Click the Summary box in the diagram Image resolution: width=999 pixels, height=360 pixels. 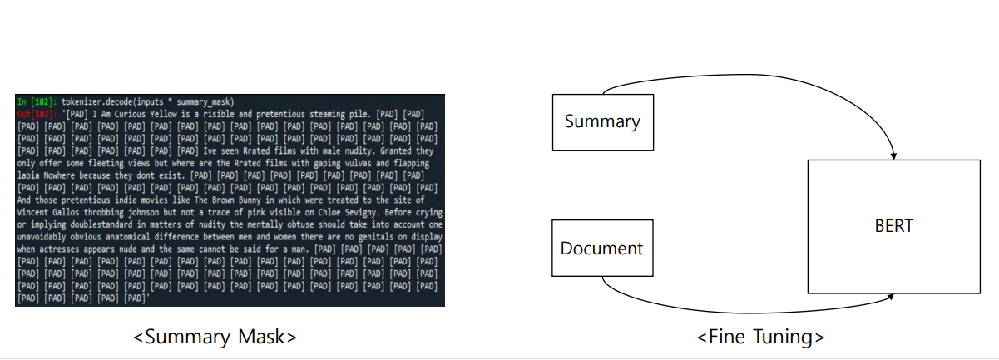pyautogui.click(x=602, y=122)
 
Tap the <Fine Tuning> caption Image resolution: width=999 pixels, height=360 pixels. pyautogui.click(x=760, y=337)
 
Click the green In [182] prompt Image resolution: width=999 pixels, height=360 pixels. pyautogui.click(x=36, y=101)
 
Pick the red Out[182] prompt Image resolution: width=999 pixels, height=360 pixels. pyautogui.click(x=37, y=113)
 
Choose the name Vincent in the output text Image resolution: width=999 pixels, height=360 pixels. pyautogui.click(x=37, y=212)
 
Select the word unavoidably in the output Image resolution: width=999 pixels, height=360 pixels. pyautogui.click(x=47, y=237)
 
